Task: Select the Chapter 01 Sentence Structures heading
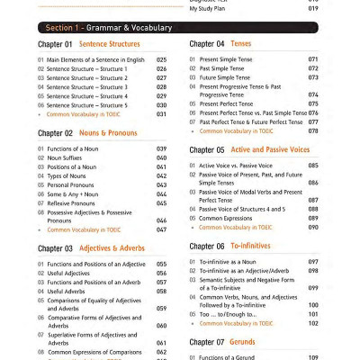tap(89, 43)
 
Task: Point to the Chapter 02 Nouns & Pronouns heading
tap(88, 132)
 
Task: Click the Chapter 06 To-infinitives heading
tap(229, 246)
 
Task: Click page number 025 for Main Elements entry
tap(162, 59)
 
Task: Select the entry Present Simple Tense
tap(225, 59)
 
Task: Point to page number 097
tap(313, 262)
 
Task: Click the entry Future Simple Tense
tap(225, 77)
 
